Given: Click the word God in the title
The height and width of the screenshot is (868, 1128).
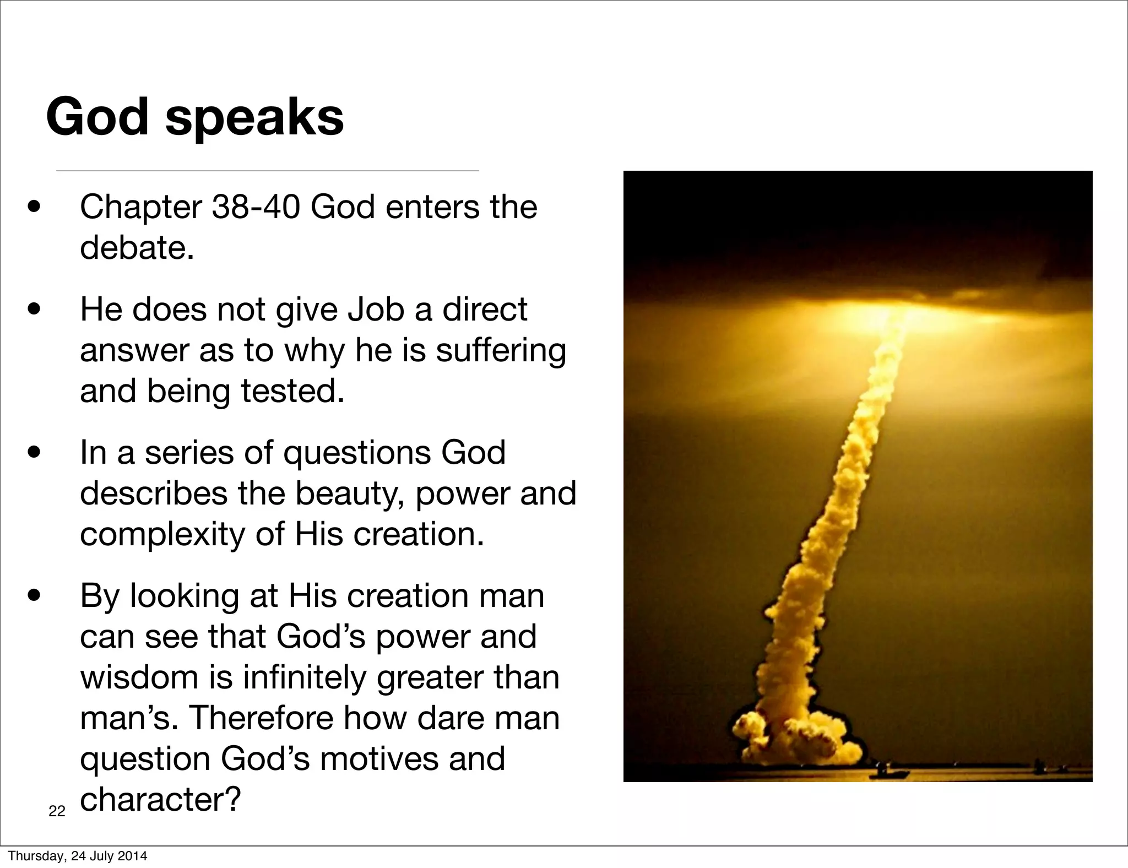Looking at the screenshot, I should [x=97, y=117].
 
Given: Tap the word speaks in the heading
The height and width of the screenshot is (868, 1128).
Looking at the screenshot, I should [x=254, y=119].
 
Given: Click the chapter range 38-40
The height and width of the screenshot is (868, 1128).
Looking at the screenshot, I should [x=256, y=207].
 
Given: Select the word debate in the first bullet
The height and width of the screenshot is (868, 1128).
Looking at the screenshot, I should [x=135, y=248].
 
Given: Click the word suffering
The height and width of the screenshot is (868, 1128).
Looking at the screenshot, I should [x=501, y=351].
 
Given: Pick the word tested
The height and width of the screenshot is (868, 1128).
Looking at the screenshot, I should [x=292, y=391].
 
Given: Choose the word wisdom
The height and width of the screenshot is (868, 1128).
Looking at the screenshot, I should [x=139, y=677].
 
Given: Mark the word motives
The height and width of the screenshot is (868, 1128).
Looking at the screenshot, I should [x=379, y=759].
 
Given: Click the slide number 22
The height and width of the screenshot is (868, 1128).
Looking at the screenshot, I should [x=57, y=811].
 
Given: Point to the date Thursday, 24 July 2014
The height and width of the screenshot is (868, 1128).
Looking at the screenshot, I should [x=78, y=856].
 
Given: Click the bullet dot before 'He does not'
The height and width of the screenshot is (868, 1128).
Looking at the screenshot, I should [x=34, y=310].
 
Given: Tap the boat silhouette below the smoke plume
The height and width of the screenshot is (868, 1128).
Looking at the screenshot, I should [x=887, y=772].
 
